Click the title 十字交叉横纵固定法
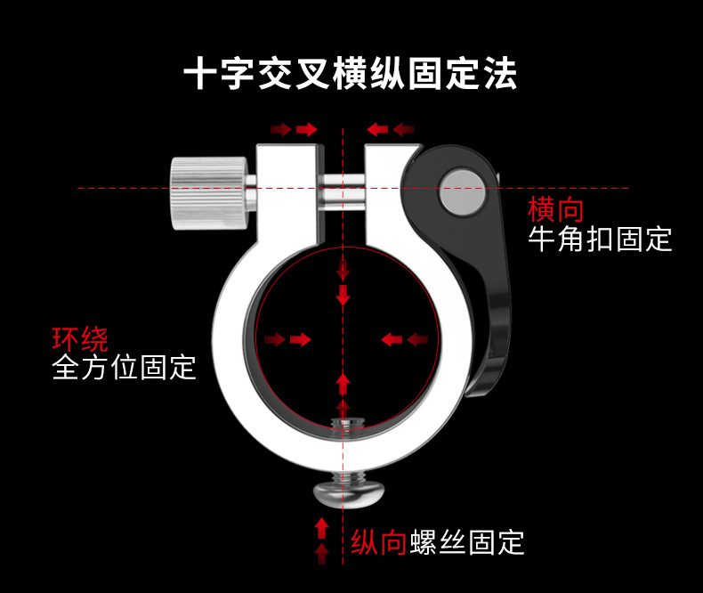tap(350, 74)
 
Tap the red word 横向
tap(556, 209)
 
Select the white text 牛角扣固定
tap(600, 240)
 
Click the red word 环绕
tap(80, 338)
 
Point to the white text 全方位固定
tap(124, 368)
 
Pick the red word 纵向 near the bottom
tap(378, 542)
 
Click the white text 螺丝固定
tap(466, 542)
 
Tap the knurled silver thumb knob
tap(209, 193)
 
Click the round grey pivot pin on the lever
tap(463, 191)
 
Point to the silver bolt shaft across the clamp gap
tap(343, 193)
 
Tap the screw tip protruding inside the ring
tap(347, 424)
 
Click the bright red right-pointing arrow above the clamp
tap(307, 130)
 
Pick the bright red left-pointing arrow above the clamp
tap(377, 130)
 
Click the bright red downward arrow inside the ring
tap(343, 295)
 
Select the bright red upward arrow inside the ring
tap(343, 384)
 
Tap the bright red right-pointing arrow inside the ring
tap(301, 339)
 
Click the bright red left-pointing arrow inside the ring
tap(392, 339)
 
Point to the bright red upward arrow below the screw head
tap(321, 528)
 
